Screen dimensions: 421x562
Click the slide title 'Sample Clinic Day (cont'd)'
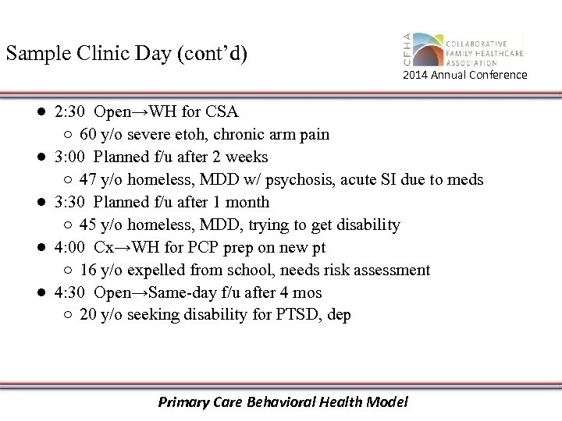(x=126, y=54)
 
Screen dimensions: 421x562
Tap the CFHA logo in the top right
(x=464, y=50)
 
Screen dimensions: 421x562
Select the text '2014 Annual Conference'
(x=464, y=75)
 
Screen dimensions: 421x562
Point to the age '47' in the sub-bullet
(x=88, y=179)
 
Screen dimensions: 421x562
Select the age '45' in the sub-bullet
(x=88, y=225)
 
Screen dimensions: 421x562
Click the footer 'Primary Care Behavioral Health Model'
(x=283, y=402)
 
